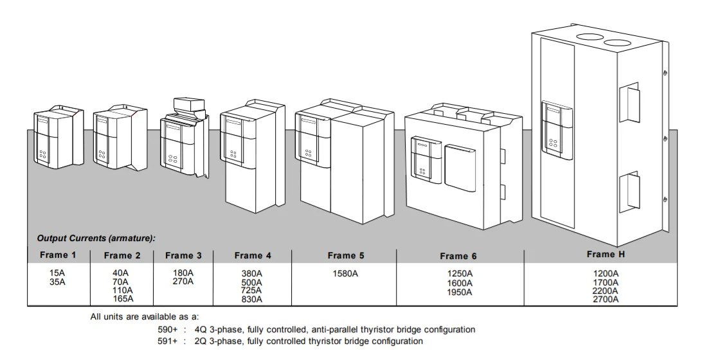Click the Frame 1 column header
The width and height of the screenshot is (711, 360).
[58, 255]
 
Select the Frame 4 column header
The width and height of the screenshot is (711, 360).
[253, 255]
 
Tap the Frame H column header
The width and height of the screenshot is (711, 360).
[606, 254]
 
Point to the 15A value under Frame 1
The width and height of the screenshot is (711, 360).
[58, 273]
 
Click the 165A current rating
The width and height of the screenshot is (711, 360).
[122, 298]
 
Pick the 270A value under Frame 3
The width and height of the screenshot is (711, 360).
[183, 282]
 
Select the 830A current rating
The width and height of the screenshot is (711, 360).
[251, 299]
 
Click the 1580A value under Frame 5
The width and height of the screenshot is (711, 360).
[345, 273]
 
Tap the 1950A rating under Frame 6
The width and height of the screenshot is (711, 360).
[460, 292]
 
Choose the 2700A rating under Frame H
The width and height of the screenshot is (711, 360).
[606, 299]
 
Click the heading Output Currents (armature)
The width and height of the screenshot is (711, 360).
[96, 239]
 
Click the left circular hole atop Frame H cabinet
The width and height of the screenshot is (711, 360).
[589, 37]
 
